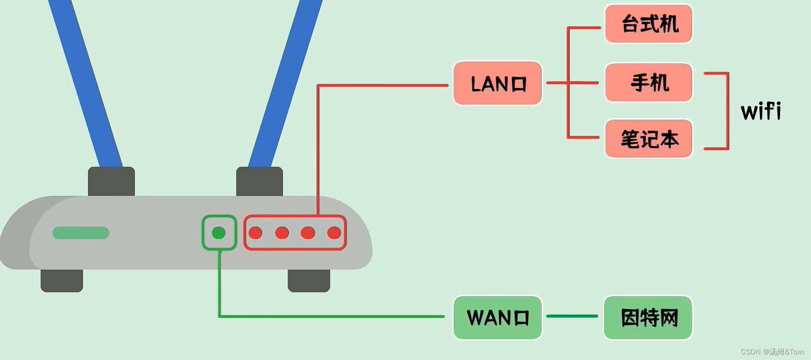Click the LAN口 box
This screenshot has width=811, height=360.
(x=497, y=83)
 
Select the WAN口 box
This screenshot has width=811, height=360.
(x=497, y=317)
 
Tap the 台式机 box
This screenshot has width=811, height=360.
(x=648, y=24)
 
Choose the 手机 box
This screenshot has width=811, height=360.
(x=648, y=82)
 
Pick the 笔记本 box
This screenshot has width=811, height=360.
(x=648, y=139)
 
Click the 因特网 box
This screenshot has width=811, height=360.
(x=648, y=317)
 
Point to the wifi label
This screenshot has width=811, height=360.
(x=761, y=111)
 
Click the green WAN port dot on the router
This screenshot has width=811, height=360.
(x=219, y=233)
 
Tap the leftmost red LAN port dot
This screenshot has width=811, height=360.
(x=256, y=233)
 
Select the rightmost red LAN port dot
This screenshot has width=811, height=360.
(x=334, y=233)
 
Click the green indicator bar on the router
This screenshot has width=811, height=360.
(x=81, y=233)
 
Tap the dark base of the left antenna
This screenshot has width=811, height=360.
(x=111, y=181)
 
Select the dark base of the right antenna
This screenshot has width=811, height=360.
(x=259, y=181)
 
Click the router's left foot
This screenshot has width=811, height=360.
(x=62, y=281)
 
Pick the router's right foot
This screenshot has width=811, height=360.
(x=309, y=281)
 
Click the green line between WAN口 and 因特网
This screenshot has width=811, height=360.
(x=573, y=316)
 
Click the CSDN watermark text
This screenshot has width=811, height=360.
(x=772, y=351)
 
